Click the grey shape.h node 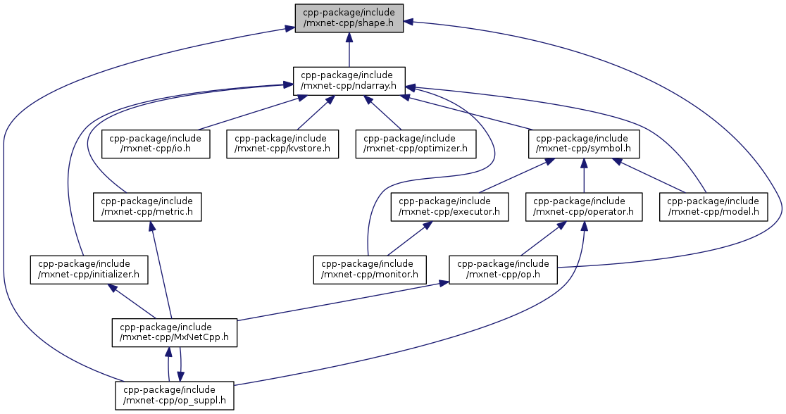point(349,18)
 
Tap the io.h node point(156,144)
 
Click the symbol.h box point(584,144)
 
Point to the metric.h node point(147,206)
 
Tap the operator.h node point(584,206)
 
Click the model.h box point(712,206)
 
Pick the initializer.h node point(89,269)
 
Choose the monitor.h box point(370,269)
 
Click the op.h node point(504,269)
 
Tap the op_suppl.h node point(174,395)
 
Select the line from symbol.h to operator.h point(584,175)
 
